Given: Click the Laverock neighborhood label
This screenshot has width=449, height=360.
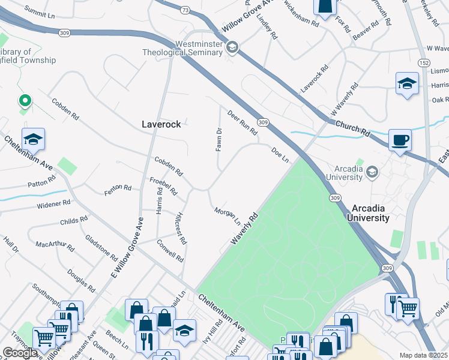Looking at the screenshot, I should tap(161, 124).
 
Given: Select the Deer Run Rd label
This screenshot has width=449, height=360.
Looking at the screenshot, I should tap(242, 122).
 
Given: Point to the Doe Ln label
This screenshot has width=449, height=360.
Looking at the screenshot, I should tap(280, 155).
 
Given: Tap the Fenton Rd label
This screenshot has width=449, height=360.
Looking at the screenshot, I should tap(118, 188).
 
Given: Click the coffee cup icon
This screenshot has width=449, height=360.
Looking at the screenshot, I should tap(400, 140).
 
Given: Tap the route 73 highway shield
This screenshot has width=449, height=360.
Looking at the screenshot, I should tap(185, 10).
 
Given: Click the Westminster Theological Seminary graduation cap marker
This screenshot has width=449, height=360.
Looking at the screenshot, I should tap(232, 47).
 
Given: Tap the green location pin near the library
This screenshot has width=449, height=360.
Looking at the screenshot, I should tap(25, 101).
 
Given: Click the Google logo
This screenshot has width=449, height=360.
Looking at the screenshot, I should tap(20, 353).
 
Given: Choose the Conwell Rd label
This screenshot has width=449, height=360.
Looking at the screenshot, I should tap(170, 251).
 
